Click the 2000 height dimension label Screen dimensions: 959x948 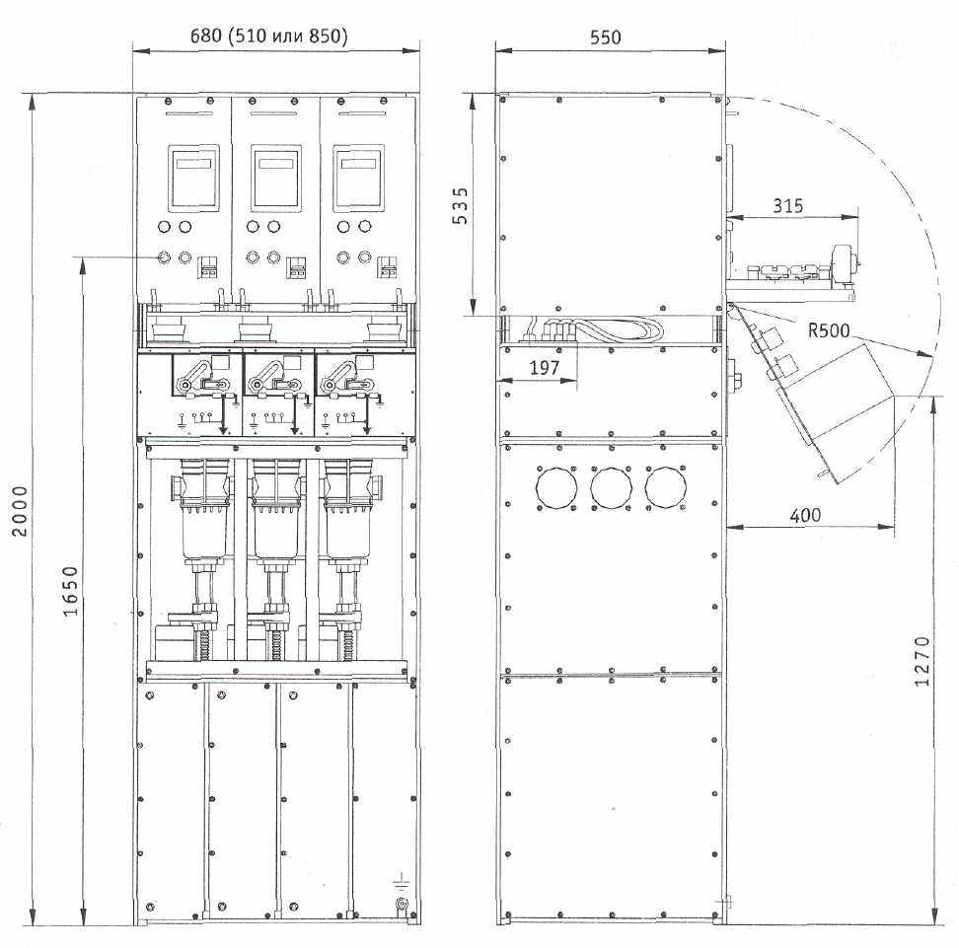20,511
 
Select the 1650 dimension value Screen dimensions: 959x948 71,591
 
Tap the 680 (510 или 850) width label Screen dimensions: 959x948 269,36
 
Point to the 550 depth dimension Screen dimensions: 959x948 606,37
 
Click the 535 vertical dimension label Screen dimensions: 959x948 461,205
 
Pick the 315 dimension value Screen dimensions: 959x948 787,205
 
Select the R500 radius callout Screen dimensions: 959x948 829,330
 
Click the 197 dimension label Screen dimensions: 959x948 545,368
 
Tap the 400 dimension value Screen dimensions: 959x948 805,515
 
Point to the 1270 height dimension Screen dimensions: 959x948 922,661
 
